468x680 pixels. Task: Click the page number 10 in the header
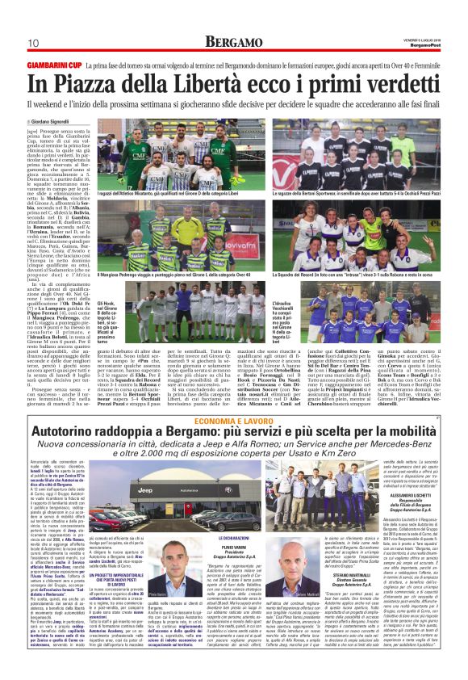pyautogui.click(x=33, y=42)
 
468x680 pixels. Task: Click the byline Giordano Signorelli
pyautogui.click(x=63, y=121)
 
